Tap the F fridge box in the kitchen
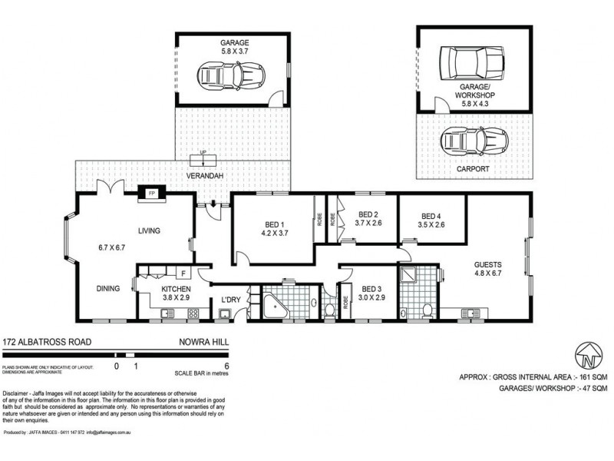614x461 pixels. coord(184,273)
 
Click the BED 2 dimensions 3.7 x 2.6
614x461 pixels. coord(368,224)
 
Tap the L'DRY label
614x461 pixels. coord(231,300)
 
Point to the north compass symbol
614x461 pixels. coord(587,356)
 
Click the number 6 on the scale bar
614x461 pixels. coord(226,366)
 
